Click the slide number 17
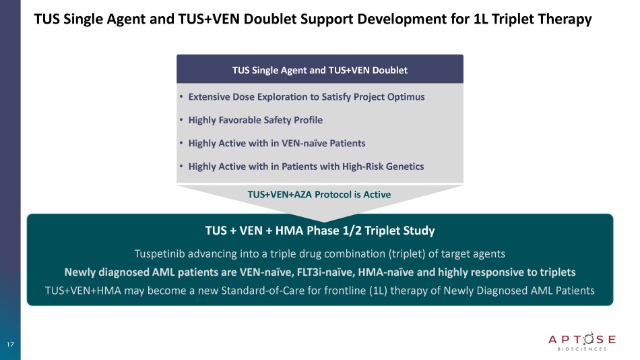click(10, 344)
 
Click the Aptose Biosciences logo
click(582, 341)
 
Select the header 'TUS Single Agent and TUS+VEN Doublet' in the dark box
click(319, 70)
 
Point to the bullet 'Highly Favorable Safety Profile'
click(255, 120)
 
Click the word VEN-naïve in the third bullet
click(304, 144)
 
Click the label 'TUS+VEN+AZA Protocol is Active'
click(319, 195)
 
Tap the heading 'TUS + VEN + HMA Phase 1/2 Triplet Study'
click(320, 231)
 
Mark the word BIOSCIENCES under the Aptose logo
click(582, 349)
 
